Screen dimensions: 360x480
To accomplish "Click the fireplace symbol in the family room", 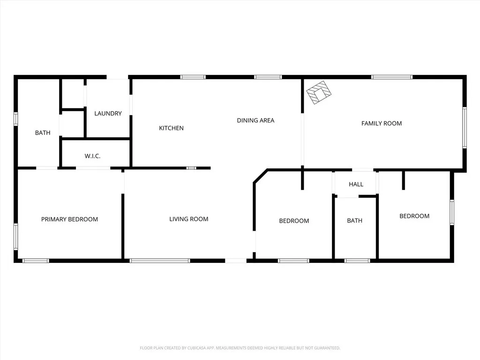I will tap(320, 92).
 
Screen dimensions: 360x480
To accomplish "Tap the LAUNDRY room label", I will tap(108, 113).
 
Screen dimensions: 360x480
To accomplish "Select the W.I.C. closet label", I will tap(92, 156).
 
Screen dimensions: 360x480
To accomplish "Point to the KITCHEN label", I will tap(171, 128).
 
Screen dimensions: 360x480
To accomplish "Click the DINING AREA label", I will tap(255, 120).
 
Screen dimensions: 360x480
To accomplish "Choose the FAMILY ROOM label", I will tap(382, 123).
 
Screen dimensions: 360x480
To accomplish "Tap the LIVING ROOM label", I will tap(188, 219).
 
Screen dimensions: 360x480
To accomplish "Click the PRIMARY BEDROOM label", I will tap(69, 219).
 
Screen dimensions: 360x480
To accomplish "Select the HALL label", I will tap(356, 184).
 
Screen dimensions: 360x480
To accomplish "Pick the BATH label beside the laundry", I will tap(43, 133).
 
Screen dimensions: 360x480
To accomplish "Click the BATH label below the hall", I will tap(354, 221).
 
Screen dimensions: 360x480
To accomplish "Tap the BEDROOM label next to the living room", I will tap(294, 221).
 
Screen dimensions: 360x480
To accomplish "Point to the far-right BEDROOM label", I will tap(414, 216).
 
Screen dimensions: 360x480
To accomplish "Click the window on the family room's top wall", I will tap(392, 77).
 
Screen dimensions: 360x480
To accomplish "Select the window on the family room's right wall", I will tap(465, 127).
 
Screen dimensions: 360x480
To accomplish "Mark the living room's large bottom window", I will tap(160, 261).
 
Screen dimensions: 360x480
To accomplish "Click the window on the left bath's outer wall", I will tap(15, 119).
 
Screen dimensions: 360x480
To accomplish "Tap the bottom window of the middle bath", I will tap(357, 261).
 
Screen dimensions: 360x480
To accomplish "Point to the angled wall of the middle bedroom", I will tap(260, 176).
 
